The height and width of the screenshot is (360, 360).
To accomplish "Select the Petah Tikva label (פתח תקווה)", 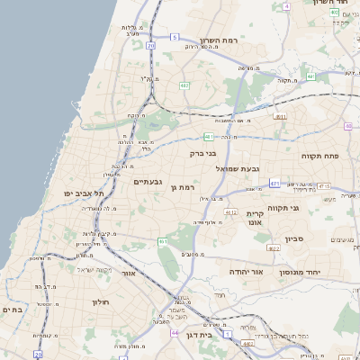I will [319, 156].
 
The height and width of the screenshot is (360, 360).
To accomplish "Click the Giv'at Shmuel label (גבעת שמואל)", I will [238, 168].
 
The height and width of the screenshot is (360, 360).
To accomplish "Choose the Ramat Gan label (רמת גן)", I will [183, 187].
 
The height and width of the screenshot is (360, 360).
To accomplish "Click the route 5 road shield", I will [175, 38].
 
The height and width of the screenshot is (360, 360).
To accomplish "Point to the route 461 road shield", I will [163, 241].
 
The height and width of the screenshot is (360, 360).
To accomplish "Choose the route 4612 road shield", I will [231, 212].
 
